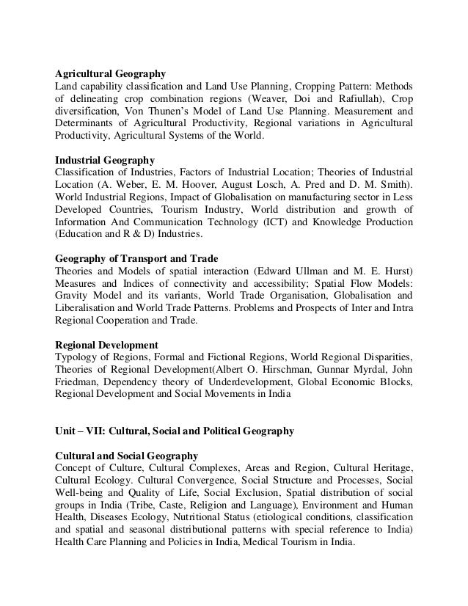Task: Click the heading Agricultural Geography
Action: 111,73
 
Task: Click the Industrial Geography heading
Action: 104,158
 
